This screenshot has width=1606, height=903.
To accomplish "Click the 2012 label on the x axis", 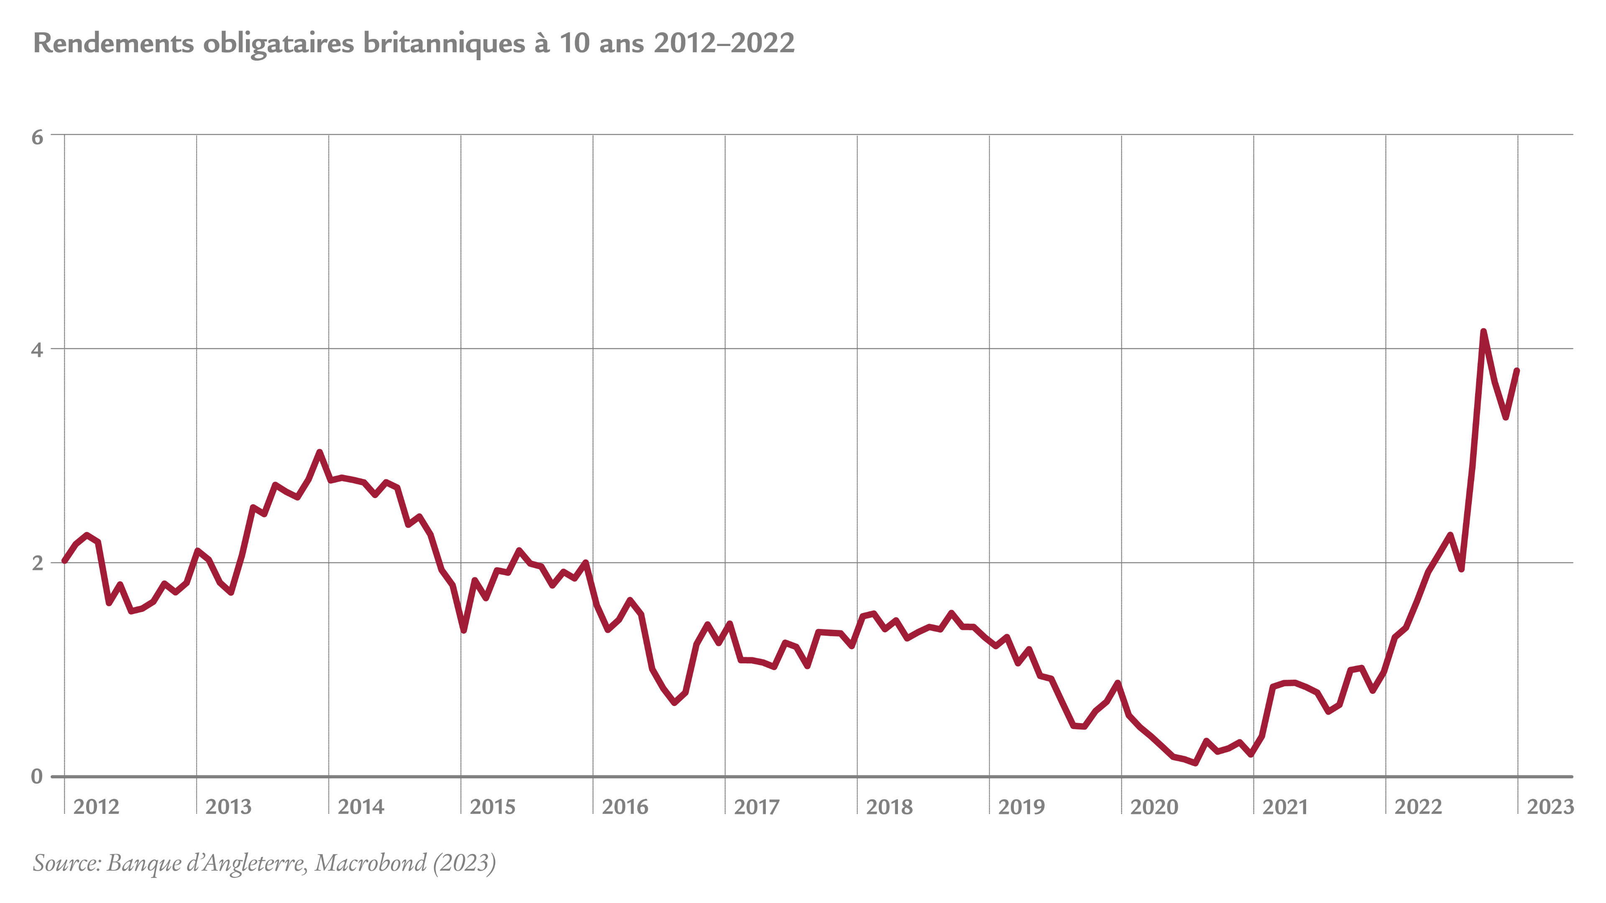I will [96, 807].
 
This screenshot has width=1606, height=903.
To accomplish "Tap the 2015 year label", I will [493, 807].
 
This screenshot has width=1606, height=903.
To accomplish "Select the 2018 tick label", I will [889, 807].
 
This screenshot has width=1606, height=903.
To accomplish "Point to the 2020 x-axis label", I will [1154, 807].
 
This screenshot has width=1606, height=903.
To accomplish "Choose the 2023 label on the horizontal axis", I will [1550, 807].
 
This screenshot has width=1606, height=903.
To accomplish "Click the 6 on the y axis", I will [37, 137].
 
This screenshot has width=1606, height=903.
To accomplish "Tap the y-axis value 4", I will [37, 350].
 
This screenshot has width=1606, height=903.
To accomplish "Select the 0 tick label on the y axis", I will [37, 776].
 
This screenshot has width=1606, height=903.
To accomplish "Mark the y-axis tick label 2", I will [37, 563].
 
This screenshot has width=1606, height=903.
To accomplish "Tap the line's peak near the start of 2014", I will [319, 452].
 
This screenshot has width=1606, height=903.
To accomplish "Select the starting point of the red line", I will [65, 560].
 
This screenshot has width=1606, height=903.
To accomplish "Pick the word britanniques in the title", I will [444, 43].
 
